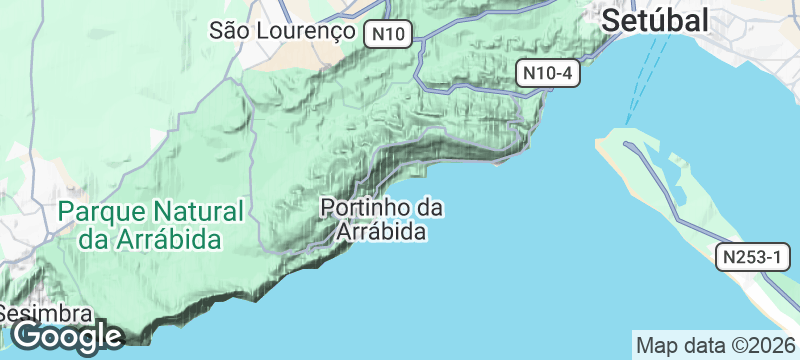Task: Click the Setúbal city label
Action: click(655, 20)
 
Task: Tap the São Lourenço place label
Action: click(283, 30)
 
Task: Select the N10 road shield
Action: click(387, 34)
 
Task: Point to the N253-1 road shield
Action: click(751, 257)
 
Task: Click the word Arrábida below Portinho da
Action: click(384, 232)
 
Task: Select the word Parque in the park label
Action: click(102, 212)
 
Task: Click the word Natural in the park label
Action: click(199, 212)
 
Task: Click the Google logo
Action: click(66, 336)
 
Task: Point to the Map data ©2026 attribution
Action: click(715, 346)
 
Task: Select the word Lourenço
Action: click(309, 30)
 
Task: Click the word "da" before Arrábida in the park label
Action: click(93, 240)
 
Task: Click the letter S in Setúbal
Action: click(610, 20)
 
